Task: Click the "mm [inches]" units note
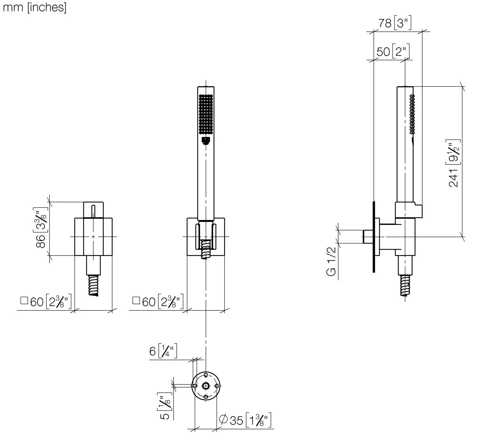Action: click(x=35, y=7)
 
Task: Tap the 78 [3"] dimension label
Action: click(x=395, y=23)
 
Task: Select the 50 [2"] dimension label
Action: click(x=393, y=52)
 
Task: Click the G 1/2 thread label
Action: click(x=331, y=261)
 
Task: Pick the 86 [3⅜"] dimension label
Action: click(x=41, y=227)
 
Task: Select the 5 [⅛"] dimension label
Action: click(x=165, y=406)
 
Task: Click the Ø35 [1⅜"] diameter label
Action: click(x=245, y=420)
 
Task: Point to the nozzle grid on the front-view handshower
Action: click(x=206, y=114)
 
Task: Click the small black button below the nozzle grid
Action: click(x=206, y=141)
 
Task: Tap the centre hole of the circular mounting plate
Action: click(x=206, y=386)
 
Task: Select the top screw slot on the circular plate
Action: click(x=206, y=375)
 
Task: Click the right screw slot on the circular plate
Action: click(x=217, y=386)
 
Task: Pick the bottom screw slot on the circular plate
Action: click(x=206, y=397)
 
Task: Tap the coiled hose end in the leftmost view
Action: click(x=94, y=285)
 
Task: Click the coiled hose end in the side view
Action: click(x=405, y=286)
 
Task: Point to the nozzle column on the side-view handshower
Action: click(x=412, y=114)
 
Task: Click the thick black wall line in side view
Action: click(x=374, y=237)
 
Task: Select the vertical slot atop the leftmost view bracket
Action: click(x=93, y=211)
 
